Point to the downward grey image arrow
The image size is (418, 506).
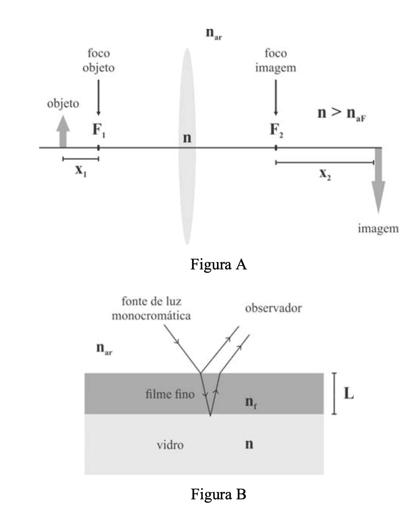tap(379, 182)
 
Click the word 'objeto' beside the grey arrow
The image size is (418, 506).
tap(63, 104)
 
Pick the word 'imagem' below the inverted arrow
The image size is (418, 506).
tap(378, 229)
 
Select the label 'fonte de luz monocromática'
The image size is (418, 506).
tap(151, 309)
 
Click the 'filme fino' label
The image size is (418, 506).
tap(170, 394)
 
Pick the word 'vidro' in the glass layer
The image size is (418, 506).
tap(170, 445)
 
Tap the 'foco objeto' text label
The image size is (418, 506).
tap(99, 61)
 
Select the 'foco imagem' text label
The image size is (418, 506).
tap(276, 61)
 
